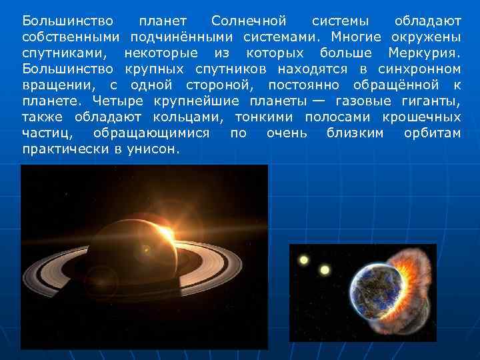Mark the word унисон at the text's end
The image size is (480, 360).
click(x=156, y=150)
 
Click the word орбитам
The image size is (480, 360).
click(x=432, y=133)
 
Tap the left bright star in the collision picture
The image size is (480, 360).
click(x=304, y=259)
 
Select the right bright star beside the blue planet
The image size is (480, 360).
click(x=325, y=270)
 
